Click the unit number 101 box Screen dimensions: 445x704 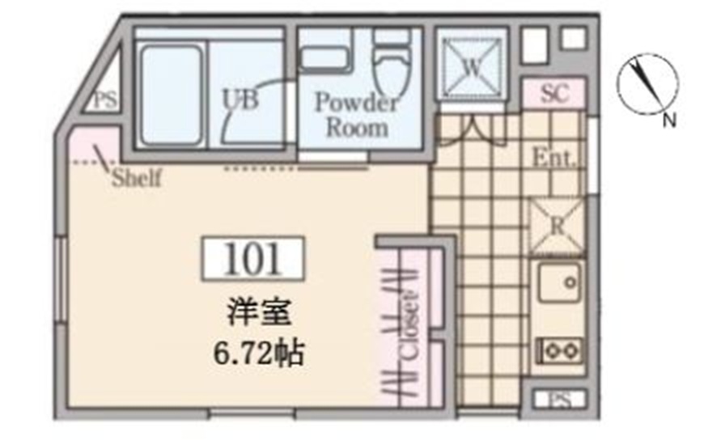click(252, 258)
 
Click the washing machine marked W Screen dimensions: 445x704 click(471, 66)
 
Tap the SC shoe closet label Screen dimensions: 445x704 click(552, 94)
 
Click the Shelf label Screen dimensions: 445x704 click(136, 178)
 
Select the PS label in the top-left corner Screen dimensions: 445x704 click(104, 101)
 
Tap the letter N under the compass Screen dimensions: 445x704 click(668, 121)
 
